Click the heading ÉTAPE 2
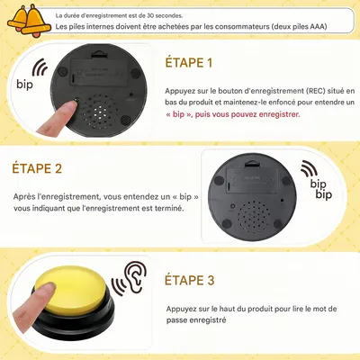click(37, 168)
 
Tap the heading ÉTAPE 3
click(189, 281)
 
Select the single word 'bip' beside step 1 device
click(24, 85)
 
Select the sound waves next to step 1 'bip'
click(40, 69)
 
